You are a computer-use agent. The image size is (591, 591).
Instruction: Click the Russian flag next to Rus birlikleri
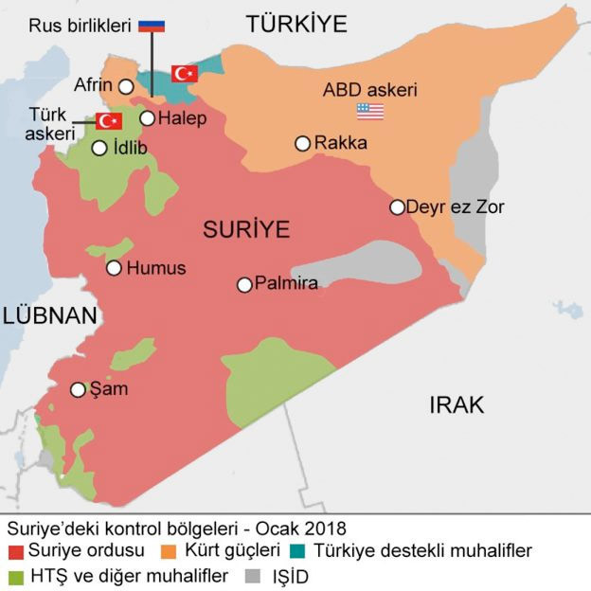(x=152, y=26)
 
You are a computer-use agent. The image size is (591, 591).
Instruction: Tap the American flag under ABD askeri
(x=369, y=112)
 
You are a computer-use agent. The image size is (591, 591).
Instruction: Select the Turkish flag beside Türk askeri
(x=110, y=121)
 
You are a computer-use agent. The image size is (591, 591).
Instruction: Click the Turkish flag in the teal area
(x=184, y=73)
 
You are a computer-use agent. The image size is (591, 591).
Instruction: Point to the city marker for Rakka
(x=302, y=144)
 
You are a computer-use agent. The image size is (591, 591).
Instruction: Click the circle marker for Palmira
(x=244, y=284)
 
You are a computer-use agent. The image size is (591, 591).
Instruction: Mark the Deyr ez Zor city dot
(x=398, y=207)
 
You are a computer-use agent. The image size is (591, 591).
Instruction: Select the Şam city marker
(x=78, y=389)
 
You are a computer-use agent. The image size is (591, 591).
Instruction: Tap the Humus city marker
(x=114, y=268)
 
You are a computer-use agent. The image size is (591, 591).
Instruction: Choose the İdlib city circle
(x=99, y=148)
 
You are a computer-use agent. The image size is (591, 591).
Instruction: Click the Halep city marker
(x=148, y=118)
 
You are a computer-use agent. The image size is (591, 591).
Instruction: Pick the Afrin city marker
(x=125, y=86)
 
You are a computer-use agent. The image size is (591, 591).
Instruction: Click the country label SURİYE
(x=245, y=229)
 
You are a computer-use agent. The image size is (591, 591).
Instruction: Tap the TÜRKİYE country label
(x=296, y=24)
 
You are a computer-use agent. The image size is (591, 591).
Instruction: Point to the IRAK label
(x=457, y=405)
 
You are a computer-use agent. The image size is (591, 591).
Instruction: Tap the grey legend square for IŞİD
(x=252, y=575)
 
